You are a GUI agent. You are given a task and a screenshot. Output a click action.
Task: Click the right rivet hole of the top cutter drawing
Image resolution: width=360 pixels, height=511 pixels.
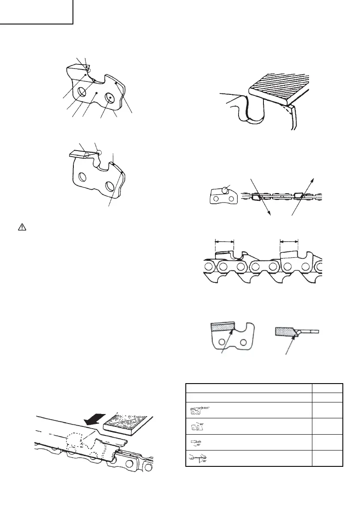tap(110, 98)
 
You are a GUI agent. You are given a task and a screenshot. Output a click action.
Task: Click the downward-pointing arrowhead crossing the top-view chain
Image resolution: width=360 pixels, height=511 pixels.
tap(270, 212)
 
